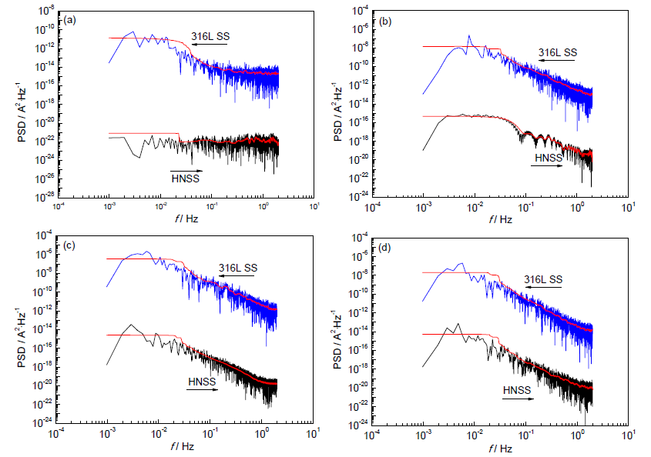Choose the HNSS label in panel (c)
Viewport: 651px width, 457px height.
coord(202,380)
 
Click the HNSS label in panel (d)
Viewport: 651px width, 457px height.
coord(517,390)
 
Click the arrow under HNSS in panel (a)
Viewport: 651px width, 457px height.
coord(186,170)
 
